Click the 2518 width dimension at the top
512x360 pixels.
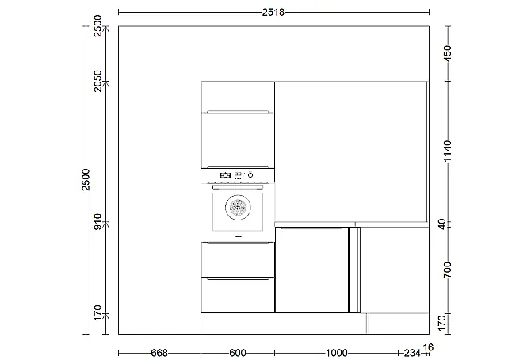pyautogui.click(x=273, y=13)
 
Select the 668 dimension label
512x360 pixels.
pyautogui.click(x=159, y=353)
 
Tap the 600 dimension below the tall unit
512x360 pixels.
pyautogui.click(x=238, y=353)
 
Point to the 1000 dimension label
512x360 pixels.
pyautogui.click(x=337, y=353)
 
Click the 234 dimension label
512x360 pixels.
pyautogui.click(x=412, y=353)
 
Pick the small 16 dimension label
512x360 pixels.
pyautogui.click(x=428, y=347)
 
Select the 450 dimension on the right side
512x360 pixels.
pyautogui.click(x=448, y=53)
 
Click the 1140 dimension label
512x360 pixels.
pyautogui.click(x=448, y=151)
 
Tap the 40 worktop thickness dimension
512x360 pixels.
pyautogui.click(x=442, y=224)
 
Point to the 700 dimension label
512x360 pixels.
pyautogui.click(x=448, y=270)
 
